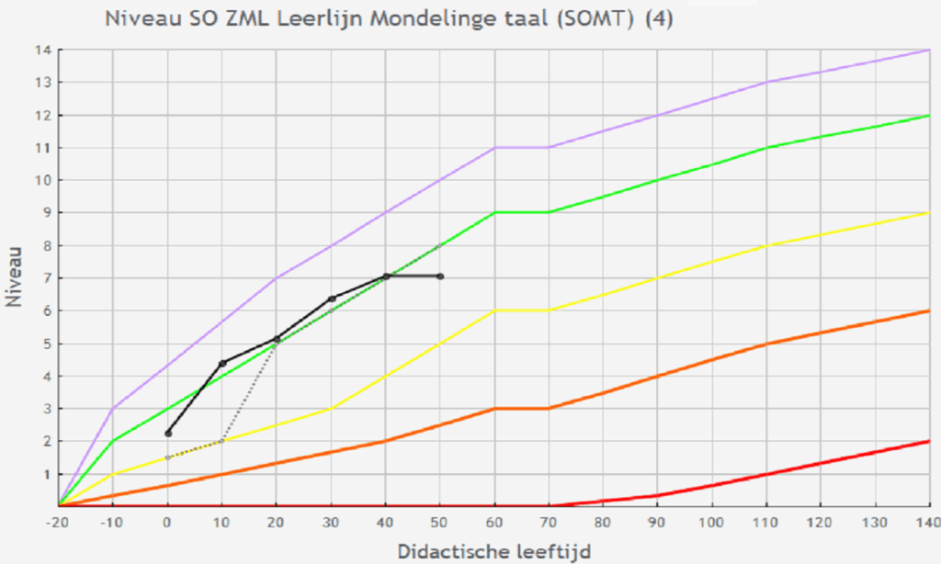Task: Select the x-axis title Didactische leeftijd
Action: (494, 551)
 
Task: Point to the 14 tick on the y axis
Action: (42, 50)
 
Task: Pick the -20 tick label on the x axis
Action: (58, 522)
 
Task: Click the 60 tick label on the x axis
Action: (495, 522)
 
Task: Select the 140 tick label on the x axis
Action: (927, 522)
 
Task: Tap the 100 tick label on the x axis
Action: (712, 522)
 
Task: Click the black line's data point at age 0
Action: (168, 433)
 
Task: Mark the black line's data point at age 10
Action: (222, 364)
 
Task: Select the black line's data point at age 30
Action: (332, 299)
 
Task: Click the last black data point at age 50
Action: (441, 276)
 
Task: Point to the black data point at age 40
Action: (386, 276)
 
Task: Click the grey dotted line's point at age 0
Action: (168, 457)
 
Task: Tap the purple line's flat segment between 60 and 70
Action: (522, 147)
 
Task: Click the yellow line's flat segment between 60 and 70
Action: (522, 310)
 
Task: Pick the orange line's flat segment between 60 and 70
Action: (522, 408)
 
